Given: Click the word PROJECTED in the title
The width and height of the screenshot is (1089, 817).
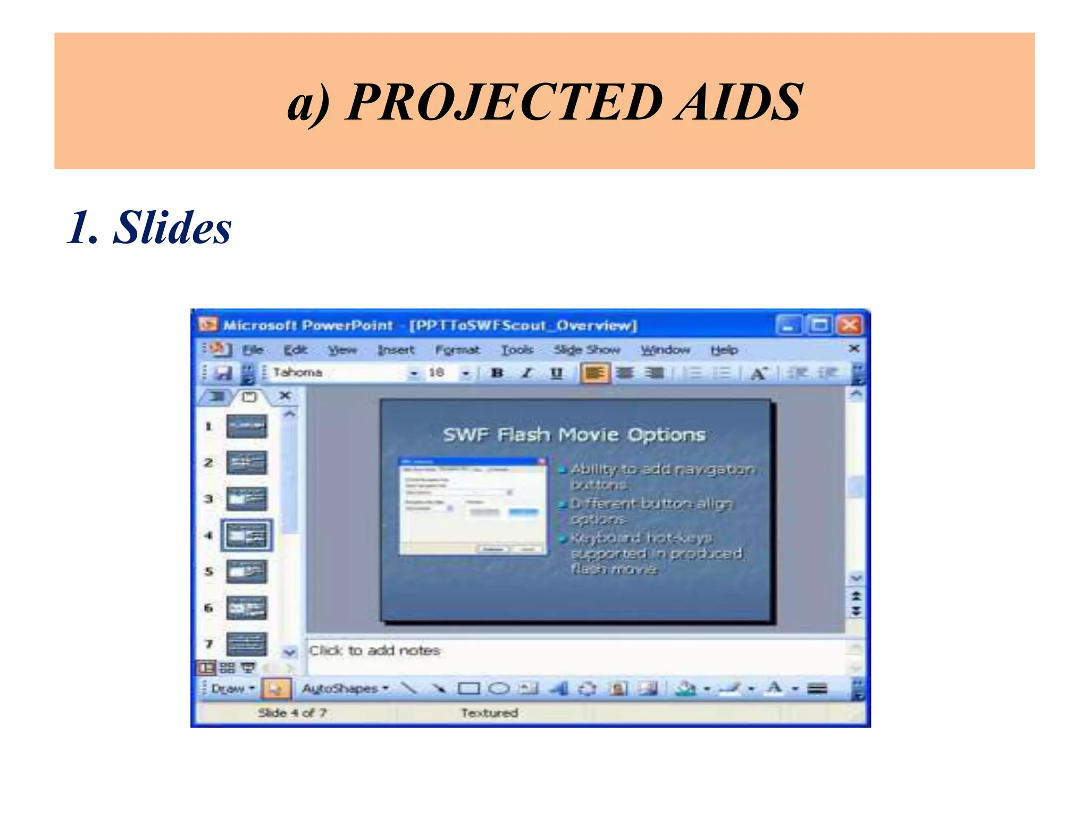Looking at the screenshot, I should [x=505, y=102].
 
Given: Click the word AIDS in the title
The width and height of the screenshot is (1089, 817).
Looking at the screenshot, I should [x=739, y=102].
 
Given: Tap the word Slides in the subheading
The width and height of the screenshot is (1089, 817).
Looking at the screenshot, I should [x=172, y=228].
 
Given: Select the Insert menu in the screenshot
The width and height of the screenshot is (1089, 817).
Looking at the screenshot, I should [x=396, y=350].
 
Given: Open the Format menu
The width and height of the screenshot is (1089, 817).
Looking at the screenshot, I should [x=457, y=350].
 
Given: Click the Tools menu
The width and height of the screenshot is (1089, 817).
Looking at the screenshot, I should [x=517, y=350].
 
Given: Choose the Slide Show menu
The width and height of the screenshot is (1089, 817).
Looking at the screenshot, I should [x=587, y=350].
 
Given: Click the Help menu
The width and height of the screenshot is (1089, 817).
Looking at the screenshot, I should [x=724, y=350].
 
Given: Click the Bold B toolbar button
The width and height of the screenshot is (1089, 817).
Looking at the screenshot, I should [x=497, y=373].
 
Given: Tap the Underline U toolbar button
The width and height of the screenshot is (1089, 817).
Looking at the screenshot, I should [x=556, y=373].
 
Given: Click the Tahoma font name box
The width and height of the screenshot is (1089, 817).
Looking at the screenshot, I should [x=340, y=373].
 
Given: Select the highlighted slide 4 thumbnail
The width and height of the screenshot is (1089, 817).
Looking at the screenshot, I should [x=247, y=535].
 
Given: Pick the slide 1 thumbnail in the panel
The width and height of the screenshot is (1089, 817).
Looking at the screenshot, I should [x=247, y=426].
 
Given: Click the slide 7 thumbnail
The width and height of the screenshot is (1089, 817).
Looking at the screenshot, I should [x=247, y=644].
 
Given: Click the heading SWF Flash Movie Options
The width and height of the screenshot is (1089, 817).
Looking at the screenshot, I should [x=574, y=435].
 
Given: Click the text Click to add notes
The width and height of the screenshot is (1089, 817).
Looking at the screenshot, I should [x=375, y=651].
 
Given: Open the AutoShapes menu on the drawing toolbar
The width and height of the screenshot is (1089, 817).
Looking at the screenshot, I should [x=345, y=689].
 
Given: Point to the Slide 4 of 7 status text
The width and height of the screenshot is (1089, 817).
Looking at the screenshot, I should [x=292, y=713].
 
